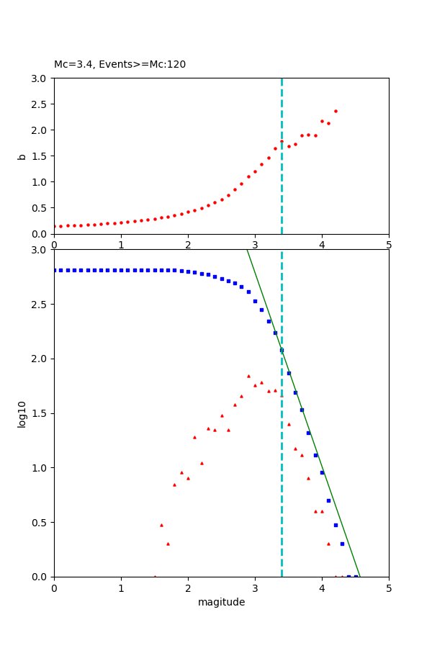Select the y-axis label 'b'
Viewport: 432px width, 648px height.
pos(22,156)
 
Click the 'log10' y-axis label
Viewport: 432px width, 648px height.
pos(22,414)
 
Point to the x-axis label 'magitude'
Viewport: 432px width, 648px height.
pos(221,603)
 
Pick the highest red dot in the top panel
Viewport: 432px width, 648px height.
pos(336,111)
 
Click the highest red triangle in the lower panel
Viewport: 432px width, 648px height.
pos(248,376)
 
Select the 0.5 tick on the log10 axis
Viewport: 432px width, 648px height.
pos(40,523)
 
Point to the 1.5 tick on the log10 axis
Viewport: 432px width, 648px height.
pos(40,413)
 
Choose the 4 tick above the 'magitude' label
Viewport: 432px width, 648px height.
pos(322,587)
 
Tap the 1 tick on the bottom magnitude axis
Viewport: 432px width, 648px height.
pos(121,587)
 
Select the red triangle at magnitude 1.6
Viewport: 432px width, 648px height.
pos(161,525)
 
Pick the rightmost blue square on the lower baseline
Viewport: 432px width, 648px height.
pos(356,577)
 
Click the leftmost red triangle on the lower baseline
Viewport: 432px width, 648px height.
pos(155,577)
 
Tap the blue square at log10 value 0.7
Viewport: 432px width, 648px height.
pos(328,500)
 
